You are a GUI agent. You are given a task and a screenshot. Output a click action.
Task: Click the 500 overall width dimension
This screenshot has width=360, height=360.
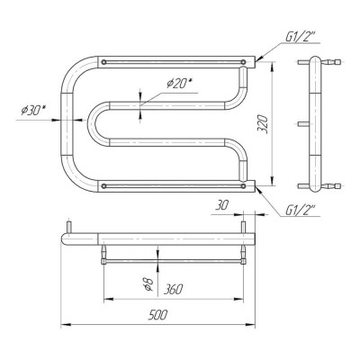click(x=157, y=315)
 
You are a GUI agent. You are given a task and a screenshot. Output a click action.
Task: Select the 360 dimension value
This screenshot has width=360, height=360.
click(x=173, y=290)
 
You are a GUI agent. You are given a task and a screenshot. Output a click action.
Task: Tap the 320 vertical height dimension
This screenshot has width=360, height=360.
click(x=262, y=123)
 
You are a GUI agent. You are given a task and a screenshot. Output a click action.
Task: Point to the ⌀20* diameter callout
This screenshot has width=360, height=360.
click(x=179, y=84)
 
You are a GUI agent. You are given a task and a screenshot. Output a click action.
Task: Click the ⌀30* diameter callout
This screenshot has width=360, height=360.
click(x=33, y=111)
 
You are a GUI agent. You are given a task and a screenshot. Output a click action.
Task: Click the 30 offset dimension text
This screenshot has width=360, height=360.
click(x=221, y=205)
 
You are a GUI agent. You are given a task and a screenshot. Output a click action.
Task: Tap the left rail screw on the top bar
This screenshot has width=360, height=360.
click(x=103, y=62)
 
